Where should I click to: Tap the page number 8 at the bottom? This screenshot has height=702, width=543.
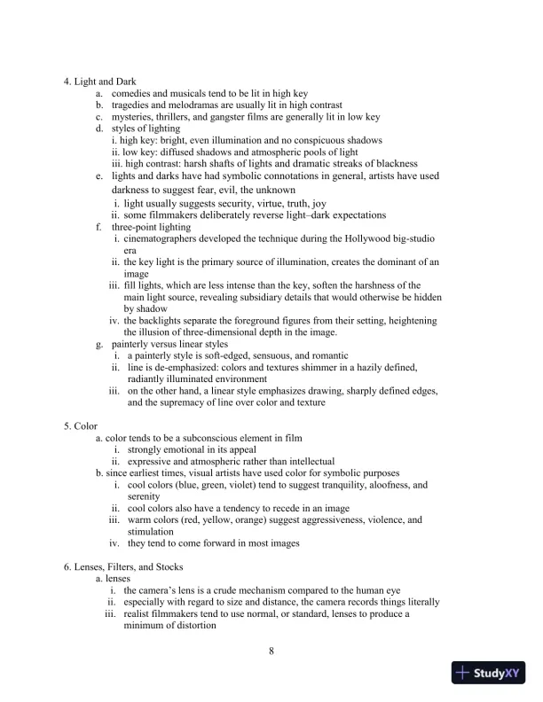[x=271, y=653]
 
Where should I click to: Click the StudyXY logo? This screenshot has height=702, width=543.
[x=491, y=674]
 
